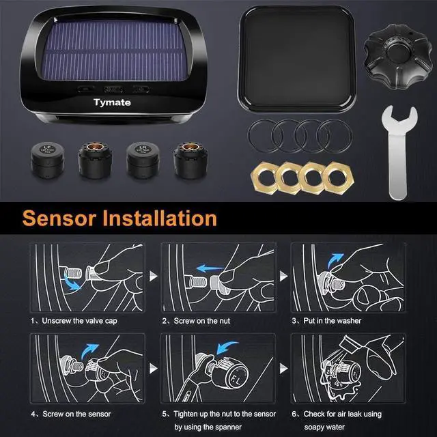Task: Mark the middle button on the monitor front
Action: pos(113,89)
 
